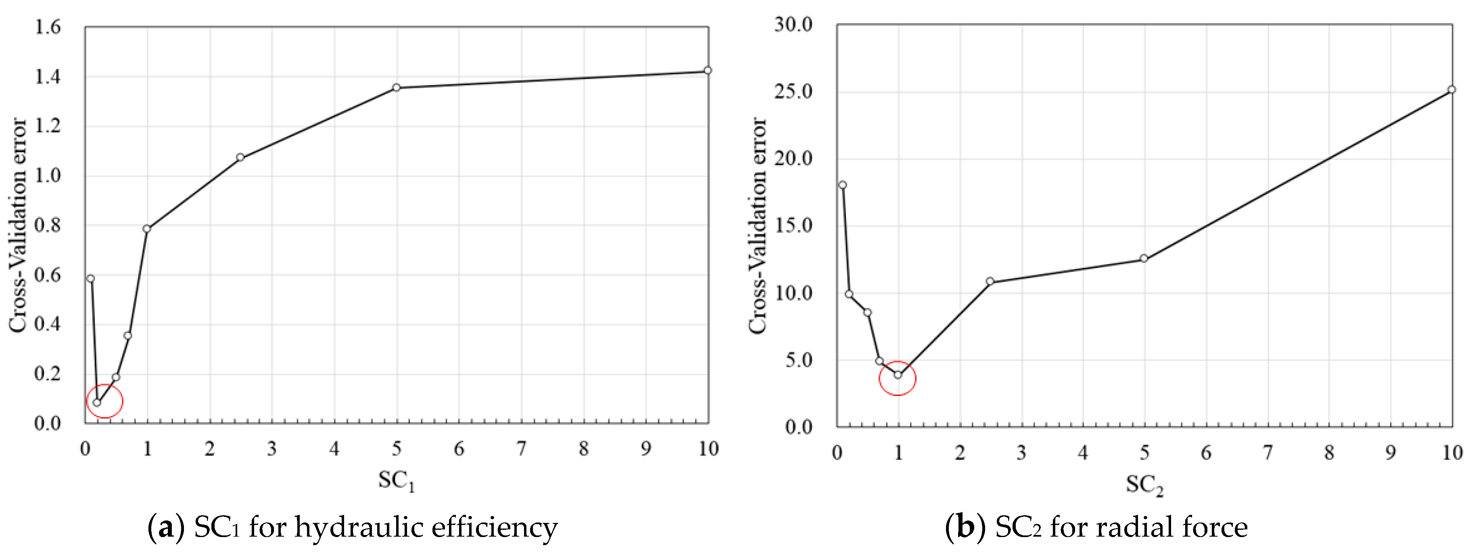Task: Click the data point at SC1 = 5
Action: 396,87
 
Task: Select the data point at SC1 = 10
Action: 708,70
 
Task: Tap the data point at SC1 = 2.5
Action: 240,157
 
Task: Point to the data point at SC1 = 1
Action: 147,228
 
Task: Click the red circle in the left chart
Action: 104,401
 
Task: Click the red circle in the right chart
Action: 898,378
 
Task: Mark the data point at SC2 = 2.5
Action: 990,281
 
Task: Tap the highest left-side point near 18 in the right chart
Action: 843,184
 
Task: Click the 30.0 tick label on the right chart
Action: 793,25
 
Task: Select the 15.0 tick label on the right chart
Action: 793,226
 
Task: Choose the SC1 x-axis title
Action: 396,481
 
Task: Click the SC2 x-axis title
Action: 1144,485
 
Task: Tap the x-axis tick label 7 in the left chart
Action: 521,449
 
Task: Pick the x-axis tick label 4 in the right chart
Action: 1082,453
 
